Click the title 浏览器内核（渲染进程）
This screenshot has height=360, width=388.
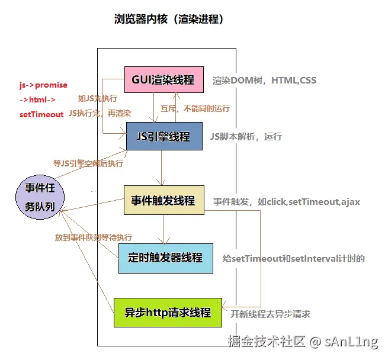(169, 20)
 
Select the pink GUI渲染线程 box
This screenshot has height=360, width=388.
(163, 79)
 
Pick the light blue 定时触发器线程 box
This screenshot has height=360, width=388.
(165, 258)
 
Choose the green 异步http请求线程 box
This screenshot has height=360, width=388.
(167, 312)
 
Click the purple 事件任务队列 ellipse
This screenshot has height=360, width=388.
(40, 197)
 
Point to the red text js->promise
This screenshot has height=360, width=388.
(43, 85)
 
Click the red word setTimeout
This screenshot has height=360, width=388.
(41, 114)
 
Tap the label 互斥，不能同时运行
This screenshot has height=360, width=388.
(195, 109)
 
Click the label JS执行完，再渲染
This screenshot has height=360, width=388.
(100, 112)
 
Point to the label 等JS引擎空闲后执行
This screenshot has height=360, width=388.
(88, 163)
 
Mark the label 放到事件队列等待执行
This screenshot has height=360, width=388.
(94, 237)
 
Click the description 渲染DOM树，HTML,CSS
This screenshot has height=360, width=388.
(264, 81)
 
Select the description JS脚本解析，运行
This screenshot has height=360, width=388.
(246, 136)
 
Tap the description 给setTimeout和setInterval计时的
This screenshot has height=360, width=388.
(293, 258)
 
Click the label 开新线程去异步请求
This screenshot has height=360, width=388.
(270, 314)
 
